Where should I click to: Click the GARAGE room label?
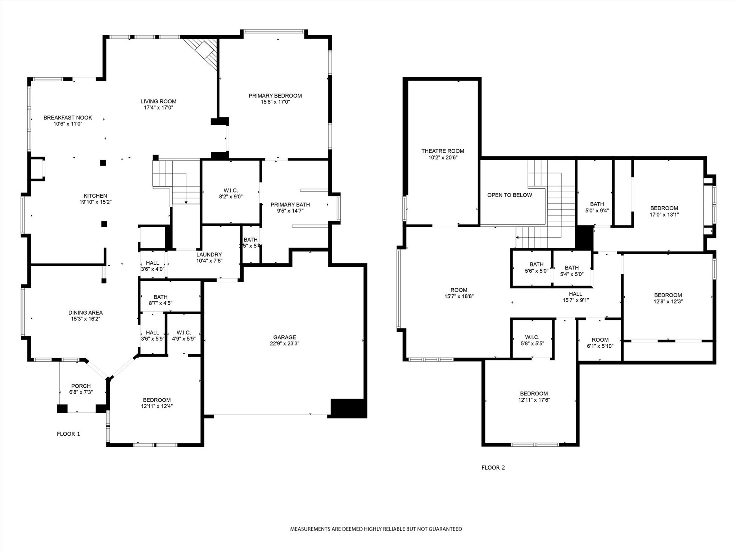[284, 337]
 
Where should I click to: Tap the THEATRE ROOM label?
[443, 151]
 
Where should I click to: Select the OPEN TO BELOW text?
[509, 195]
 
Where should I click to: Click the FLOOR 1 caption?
[68, 433]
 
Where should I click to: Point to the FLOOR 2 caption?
[493, 467]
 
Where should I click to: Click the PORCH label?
[81, 386]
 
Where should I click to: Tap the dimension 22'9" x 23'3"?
[284, 343]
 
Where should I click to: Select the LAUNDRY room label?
[209, 254]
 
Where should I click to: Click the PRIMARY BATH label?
[290, 204]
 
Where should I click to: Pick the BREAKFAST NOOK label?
[68, 117]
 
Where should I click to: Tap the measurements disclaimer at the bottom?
[376, 529]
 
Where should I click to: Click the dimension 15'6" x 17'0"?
[275, 102]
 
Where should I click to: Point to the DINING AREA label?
[85, 313]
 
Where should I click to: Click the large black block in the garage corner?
[348, 408]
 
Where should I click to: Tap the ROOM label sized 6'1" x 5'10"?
[600, 340]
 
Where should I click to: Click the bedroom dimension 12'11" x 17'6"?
[534, 400]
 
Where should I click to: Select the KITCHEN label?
[95, 195]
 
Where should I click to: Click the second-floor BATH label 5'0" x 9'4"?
[597, 204]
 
